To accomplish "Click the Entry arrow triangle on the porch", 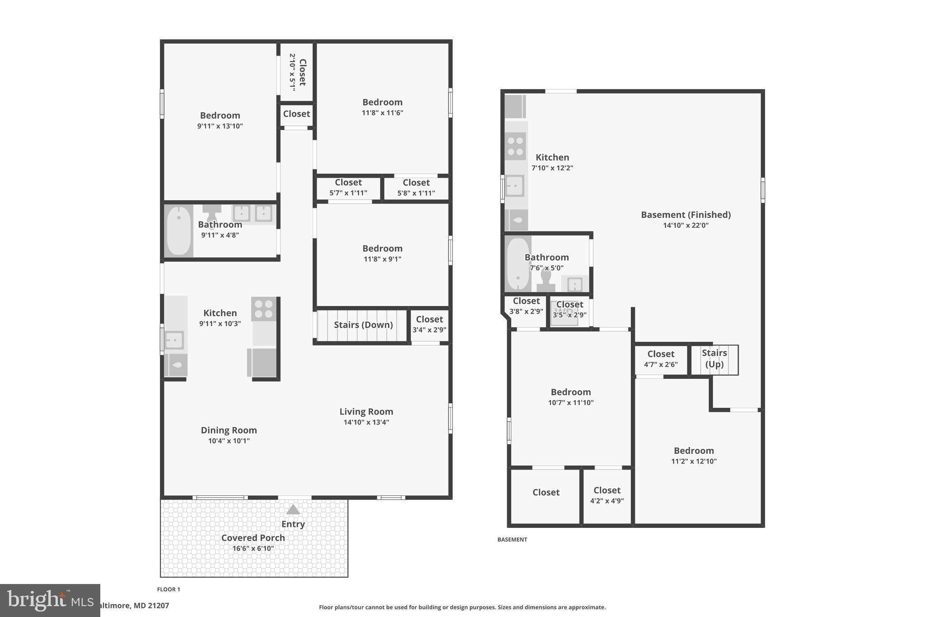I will click(293, 510).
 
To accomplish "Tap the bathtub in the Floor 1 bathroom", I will click(179, 231).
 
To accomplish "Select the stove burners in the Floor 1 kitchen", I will click(263, 309).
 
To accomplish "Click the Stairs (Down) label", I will click(363, 325).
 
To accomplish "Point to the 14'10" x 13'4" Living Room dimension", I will click(366, 422).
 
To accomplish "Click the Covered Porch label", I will click(253, 538).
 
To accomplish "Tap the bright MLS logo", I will click(50, 600).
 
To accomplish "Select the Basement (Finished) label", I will click(686, 215).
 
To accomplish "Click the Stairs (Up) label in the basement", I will click(714, 358).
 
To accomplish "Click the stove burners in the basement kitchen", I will click(515, 146).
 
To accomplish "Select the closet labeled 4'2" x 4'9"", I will click(607, 495).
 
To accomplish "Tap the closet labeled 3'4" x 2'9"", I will click(429, 324).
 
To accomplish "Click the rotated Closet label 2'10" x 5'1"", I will click(297, 72).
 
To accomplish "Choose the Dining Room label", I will click(229, 430).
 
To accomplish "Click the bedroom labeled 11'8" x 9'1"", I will click(382, 253).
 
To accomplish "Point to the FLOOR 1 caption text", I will click(168, 589).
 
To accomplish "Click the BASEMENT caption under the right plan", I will click(512, 539).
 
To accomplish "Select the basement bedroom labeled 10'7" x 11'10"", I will click(570, 397).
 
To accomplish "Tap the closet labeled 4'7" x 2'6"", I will click(660, 359).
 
